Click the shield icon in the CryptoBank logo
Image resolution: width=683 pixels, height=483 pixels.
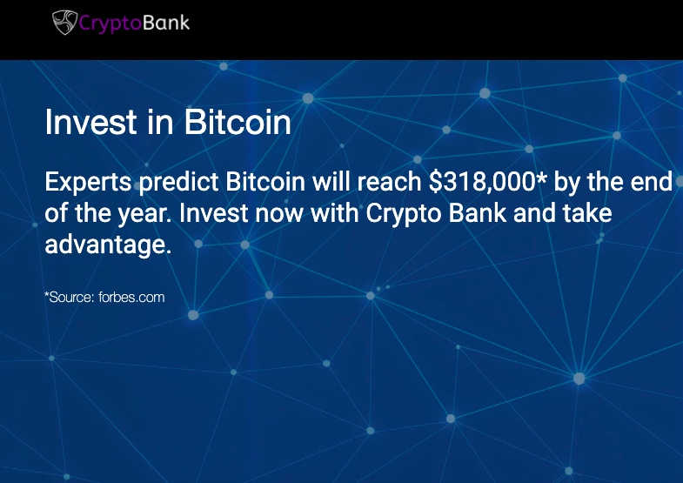click(x=65, y=23)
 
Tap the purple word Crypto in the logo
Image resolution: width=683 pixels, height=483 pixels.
click(x=110, y=23)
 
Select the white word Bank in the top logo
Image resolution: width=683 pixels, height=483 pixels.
click(x=165, y=23)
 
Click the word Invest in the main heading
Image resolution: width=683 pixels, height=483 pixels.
click(x=90, y=123)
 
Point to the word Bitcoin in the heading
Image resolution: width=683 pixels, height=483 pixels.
click(x=238, y=123)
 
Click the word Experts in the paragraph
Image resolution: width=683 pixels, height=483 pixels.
click(x=88, y=183)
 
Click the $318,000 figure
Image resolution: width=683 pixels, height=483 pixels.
click(x=482, y=182)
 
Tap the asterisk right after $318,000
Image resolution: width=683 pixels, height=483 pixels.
click(x=541, y=178)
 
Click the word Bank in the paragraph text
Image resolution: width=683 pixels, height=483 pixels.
click(x=478, y=213)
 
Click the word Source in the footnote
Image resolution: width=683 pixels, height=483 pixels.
click(x=71, y=298)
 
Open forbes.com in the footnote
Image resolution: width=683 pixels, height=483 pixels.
click(x=131, y=298)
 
